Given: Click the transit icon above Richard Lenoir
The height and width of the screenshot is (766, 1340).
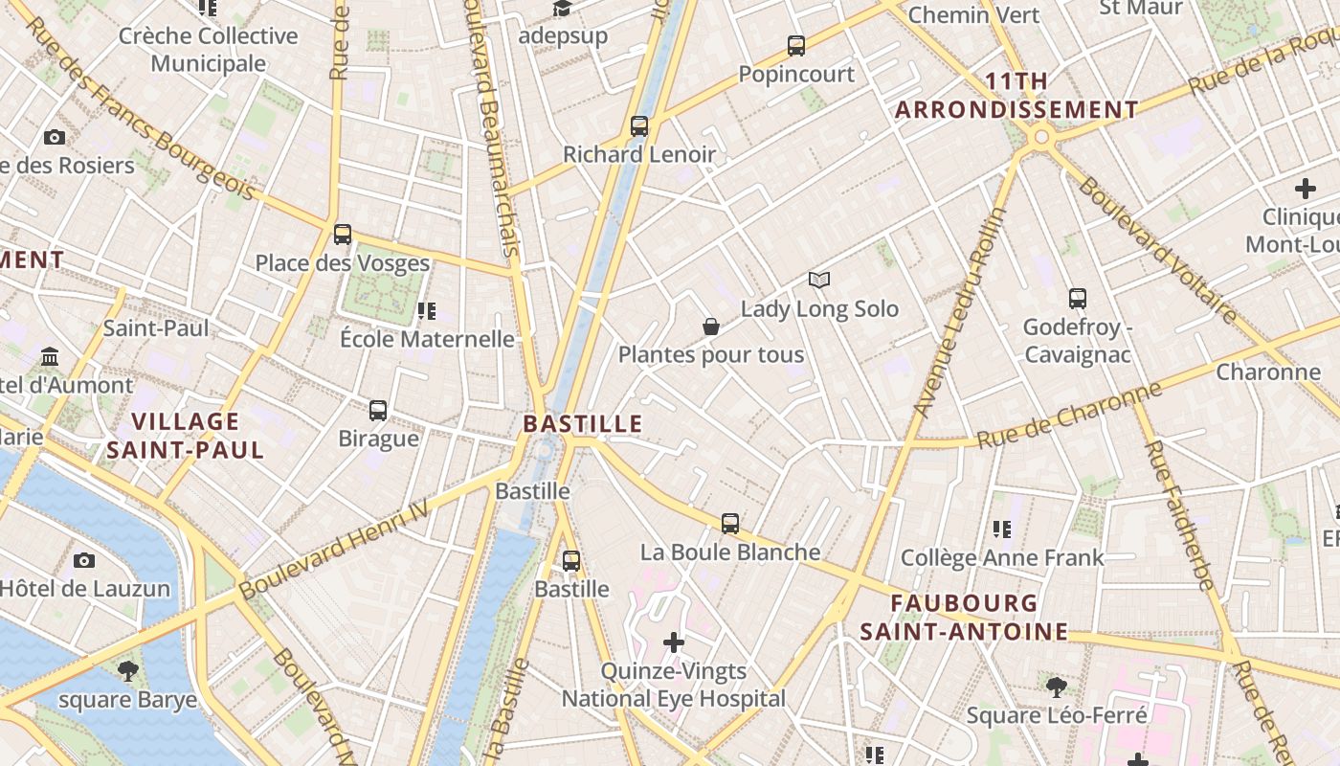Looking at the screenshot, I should (x=639, y=126).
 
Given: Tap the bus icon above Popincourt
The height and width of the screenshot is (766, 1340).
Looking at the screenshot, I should (x=795, y=46).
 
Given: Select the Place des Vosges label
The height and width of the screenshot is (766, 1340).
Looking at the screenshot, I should (x=343, y=262).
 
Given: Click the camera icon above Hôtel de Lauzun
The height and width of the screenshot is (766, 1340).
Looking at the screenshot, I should (x=84, y=560).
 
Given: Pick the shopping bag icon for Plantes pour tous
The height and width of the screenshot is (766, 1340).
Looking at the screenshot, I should (x=711, y=327).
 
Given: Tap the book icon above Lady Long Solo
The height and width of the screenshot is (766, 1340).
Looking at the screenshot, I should (x=819, y=281).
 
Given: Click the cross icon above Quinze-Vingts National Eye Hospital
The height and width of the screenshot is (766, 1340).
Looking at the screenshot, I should (x=674, y=642).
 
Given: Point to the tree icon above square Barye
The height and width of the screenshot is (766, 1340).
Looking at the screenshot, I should (x=127, y=670).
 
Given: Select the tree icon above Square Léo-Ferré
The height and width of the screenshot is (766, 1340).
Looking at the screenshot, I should (x=1056, y=686).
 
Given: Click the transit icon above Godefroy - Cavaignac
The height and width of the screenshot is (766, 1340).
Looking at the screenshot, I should (x=1078, y=299).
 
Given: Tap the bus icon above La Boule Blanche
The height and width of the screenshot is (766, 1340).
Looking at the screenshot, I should (x=730, y=524).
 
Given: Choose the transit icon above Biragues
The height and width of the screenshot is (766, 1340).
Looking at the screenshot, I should (x=378, y=411).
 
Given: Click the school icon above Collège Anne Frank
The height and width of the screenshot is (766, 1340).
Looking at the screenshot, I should (x=1002, y=529).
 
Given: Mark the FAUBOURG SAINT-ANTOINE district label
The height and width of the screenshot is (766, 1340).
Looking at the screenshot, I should (x=964, y=618).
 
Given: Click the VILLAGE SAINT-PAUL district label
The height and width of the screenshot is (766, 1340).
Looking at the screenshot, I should (x=185, y=436).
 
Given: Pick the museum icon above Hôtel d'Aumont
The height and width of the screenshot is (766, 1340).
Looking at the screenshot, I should (x=50, y=357).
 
